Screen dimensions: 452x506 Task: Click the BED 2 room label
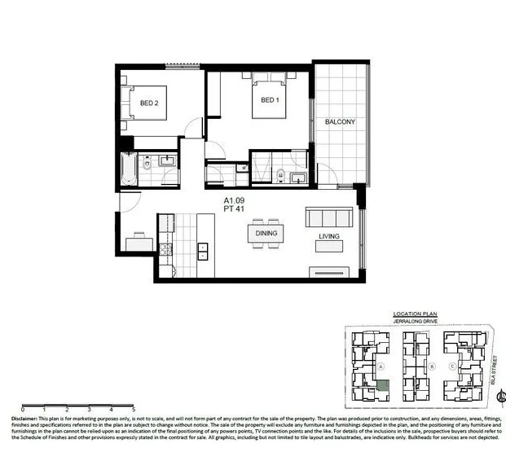pos(148,103)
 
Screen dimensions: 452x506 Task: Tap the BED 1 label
pos(270,100)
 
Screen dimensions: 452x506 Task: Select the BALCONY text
pos(340,122)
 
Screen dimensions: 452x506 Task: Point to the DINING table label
pos(266,234)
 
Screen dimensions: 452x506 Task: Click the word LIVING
pos(329,237)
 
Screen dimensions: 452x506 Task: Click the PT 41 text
pos(237,208)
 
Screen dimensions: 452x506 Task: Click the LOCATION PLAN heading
pos(415,314)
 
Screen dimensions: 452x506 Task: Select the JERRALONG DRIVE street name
pos(416,322)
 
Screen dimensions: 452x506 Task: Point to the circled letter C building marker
pos(453,366)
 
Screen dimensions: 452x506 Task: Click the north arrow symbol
pos(499,397)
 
